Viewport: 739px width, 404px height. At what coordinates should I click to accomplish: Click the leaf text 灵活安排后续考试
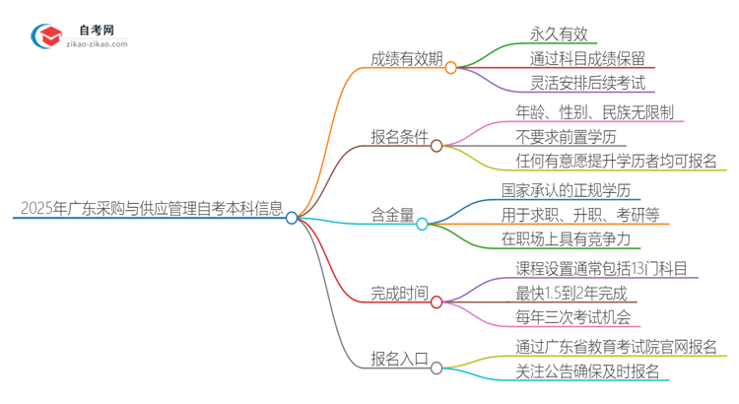click(x=587, y=84)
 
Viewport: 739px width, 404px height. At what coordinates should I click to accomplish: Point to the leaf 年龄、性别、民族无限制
click(x=595, y=112)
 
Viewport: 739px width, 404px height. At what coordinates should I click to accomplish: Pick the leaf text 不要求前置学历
click(x=571, y=136)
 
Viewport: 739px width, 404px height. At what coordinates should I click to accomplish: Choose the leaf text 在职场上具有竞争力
click(x=572, y=237)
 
